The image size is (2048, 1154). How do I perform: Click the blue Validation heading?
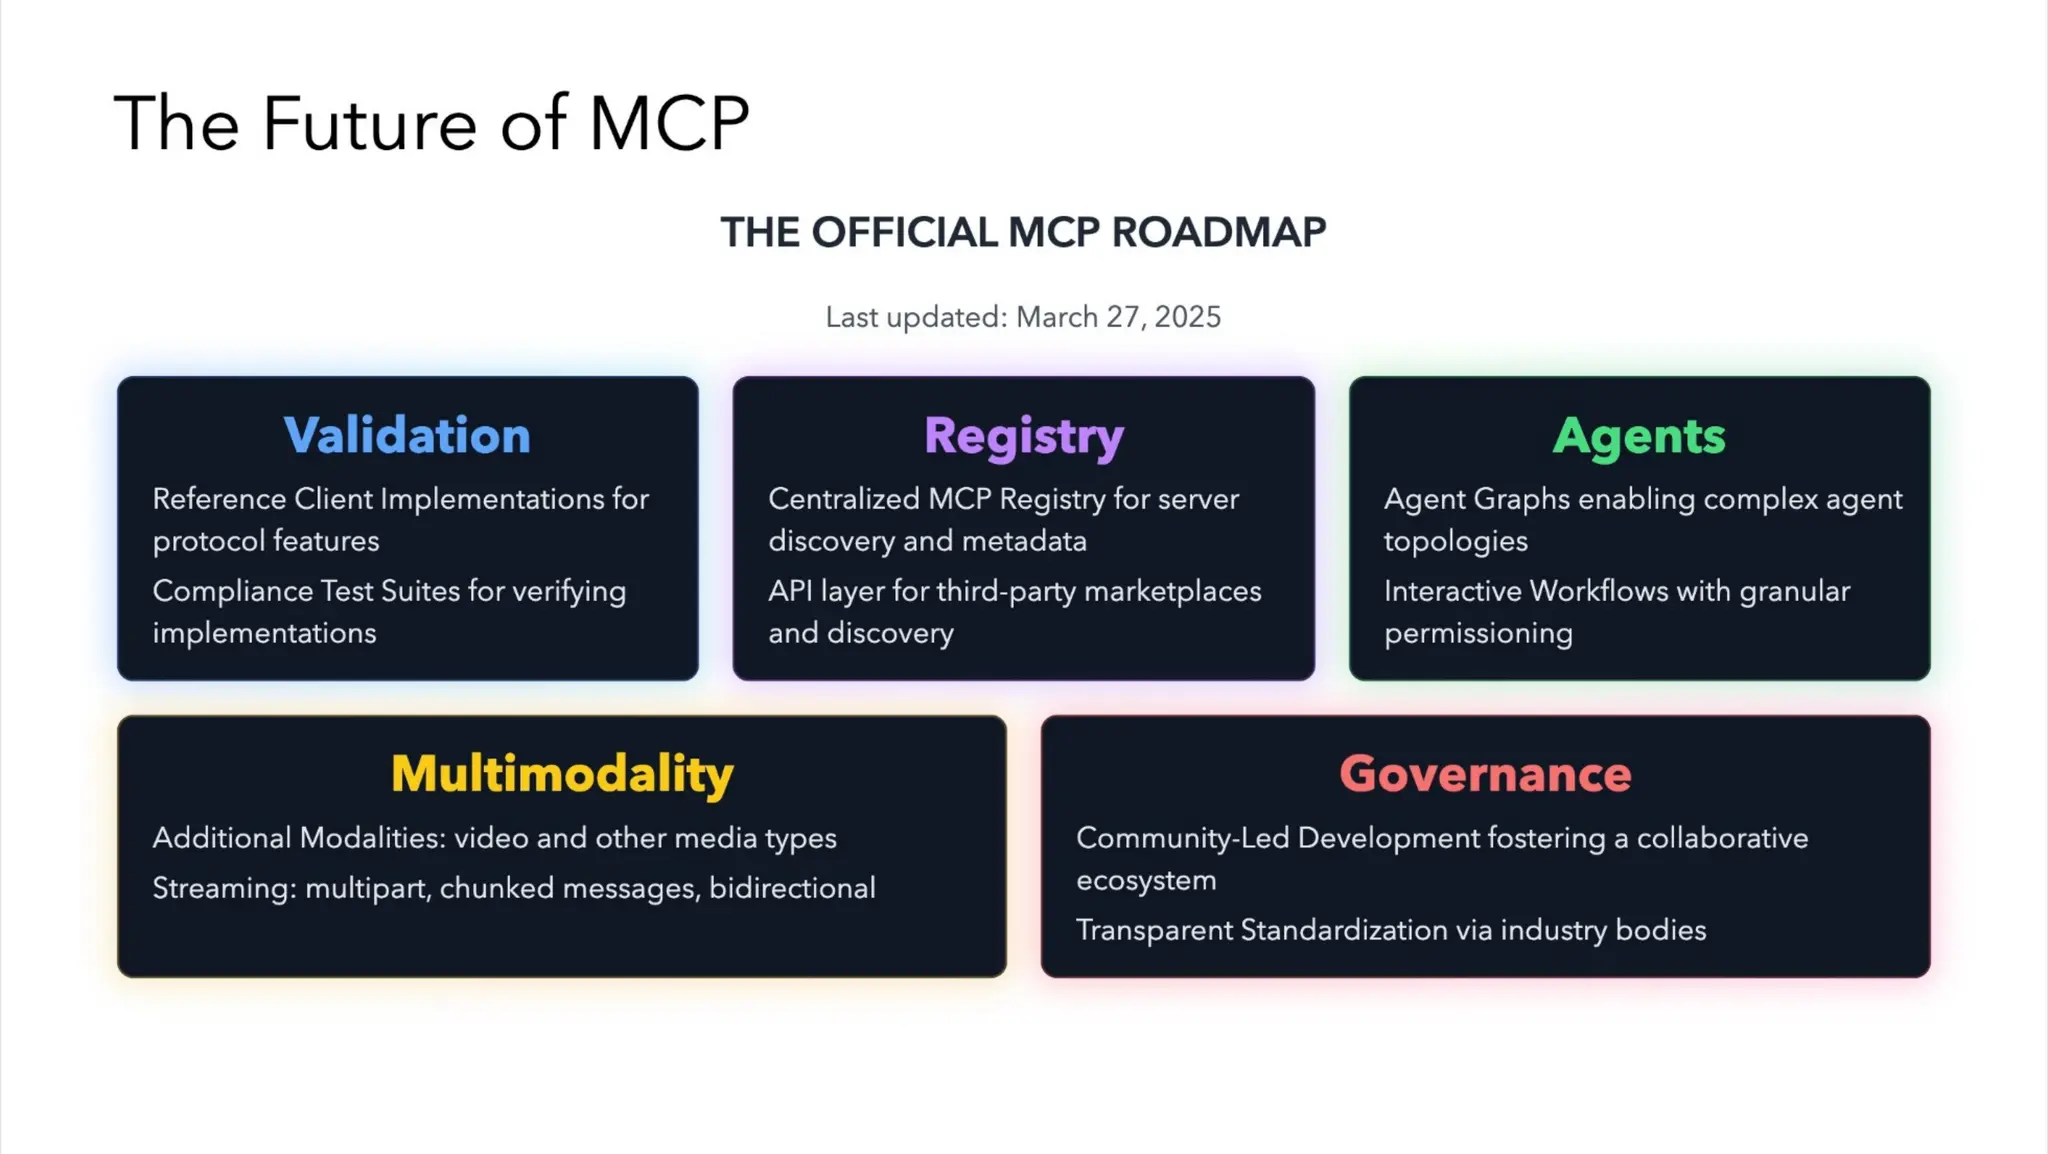click(407, 436)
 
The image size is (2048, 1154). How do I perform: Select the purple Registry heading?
click(1023, 436)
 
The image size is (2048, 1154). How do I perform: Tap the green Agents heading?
click(1639, 436)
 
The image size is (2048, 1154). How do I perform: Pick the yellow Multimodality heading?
click(562, 774)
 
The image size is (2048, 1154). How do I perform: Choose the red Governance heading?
click(1485, 774)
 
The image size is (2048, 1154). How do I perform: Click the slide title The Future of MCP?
click(431, 123)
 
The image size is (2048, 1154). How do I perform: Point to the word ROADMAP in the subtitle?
click(1218, 232)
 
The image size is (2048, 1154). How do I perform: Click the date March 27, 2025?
click(1118, 317)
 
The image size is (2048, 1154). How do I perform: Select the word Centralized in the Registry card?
click(843, 499)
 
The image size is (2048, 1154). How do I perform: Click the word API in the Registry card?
click(789, 591)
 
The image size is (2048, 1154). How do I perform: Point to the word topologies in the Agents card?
click(1455, 541)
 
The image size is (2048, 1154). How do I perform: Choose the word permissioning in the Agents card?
click(1478, 633)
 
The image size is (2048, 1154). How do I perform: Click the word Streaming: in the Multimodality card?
click(224, 888)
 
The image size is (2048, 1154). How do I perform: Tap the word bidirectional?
click(792, 888)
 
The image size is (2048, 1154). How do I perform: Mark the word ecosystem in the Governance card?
click(1146, 880)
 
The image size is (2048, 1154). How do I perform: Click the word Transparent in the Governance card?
click(1154, 930)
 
